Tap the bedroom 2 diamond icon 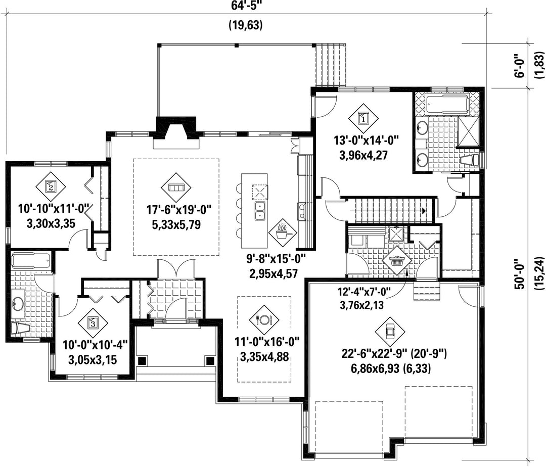pyautogui.click(x=51, y=187)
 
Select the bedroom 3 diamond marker pyautogui.click(x=93, y=322)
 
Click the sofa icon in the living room pyautogui.click(x=175, y=188)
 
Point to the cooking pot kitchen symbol pyautogui.click(x=283, y=232)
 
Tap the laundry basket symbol pyautogui.click(x=397, y=261)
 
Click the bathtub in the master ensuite pyautogui.click(x=443, y=105)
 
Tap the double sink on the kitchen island pyautogui.click(x=260, y=211)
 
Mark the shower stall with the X pyautogui.click(x=468, y=131)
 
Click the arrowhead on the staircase pyautogui.click(x=424, y=211)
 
